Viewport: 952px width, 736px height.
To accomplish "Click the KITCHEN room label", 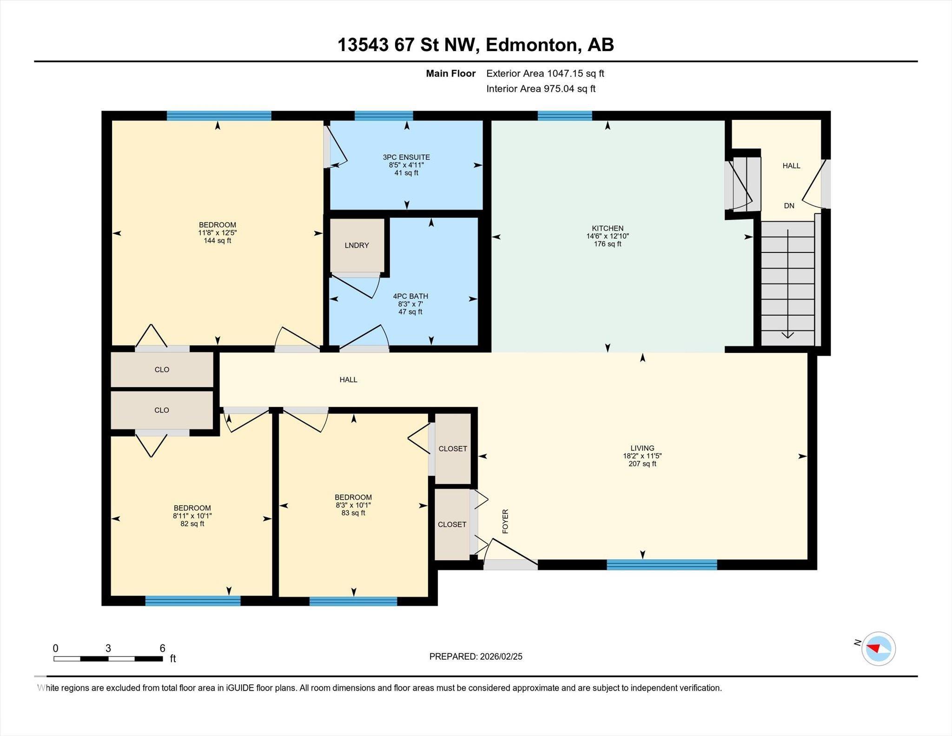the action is (x=608, y=228).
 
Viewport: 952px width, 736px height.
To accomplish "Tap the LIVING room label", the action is (x=642, y=448).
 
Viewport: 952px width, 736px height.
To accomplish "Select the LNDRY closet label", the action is (x=357, y=245).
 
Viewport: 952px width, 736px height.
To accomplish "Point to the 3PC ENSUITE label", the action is (x=406, y=157).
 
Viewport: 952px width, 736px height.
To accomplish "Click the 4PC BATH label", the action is (x=410, y=296).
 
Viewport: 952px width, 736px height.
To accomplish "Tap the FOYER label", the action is (x=505, y=521).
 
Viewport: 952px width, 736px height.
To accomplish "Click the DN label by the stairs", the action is (x=789, y=206).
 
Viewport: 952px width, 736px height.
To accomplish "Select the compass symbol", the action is (x=878, y=649).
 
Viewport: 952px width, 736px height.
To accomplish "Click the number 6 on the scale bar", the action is (x=162, y=649).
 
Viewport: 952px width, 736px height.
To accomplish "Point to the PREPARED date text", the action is (x=476, y=656).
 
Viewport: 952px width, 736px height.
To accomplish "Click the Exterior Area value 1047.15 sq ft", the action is (x=575, y=73).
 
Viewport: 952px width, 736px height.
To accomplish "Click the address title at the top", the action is (x=476, y=45).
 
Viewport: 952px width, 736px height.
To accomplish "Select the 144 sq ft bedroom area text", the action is (x=217, y=241).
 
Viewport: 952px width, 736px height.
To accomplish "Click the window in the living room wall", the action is (x=662, y=565).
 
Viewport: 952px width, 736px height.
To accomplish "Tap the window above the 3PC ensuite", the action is (x=383, y=116).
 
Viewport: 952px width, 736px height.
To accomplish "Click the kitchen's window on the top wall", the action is (x=565, y=116).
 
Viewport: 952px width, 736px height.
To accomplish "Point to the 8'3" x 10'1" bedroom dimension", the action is (x=353, y=505).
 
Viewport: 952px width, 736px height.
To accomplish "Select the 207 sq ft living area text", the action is (x=642, y=464).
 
